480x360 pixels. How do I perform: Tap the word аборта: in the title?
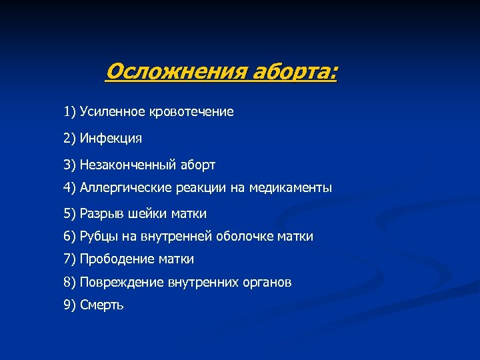pyautogui.click(x=294, y=71)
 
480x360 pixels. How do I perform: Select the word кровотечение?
pyautogui.click(x=194, y=112)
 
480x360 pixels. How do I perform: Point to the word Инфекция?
pyautogui.click(x=111, y=139)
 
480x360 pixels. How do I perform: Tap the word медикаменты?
pyautogui.click(x=291, y=188)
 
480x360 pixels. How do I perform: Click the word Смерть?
pyautogui.click(x=101, y=305)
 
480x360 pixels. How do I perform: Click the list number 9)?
pyautogui.click(x=70, y=305)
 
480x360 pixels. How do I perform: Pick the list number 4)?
pyautogui.click(x=70, y=188)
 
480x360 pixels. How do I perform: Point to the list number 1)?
pyautogui.click(x=70, y=112)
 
